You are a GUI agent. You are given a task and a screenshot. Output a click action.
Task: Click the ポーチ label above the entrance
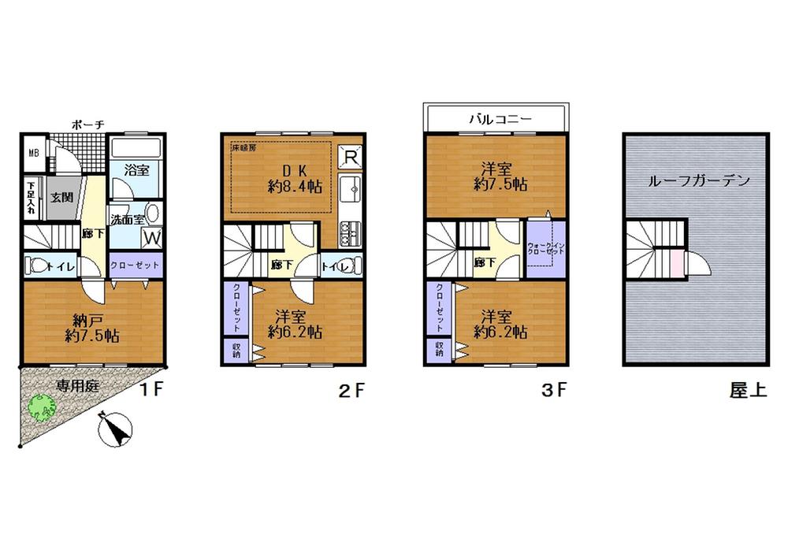click(87, 124)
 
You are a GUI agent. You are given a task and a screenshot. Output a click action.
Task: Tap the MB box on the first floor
click(34, 153)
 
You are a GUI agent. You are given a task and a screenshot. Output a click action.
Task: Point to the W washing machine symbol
click(152, 236)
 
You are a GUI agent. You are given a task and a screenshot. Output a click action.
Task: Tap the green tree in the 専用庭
click(43, 408)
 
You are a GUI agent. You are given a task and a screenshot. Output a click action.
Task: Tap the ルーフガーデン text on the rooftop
click(699, 180)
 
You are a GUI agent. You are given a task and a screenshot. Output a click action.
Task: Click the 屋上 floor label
click(747, 390)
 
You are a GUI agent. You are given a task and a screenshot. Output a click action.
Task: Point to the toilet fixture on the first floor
click(36, 265)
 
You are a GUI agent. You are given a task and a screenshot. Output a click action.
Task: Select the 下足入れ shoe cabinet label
click(31, 198)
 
